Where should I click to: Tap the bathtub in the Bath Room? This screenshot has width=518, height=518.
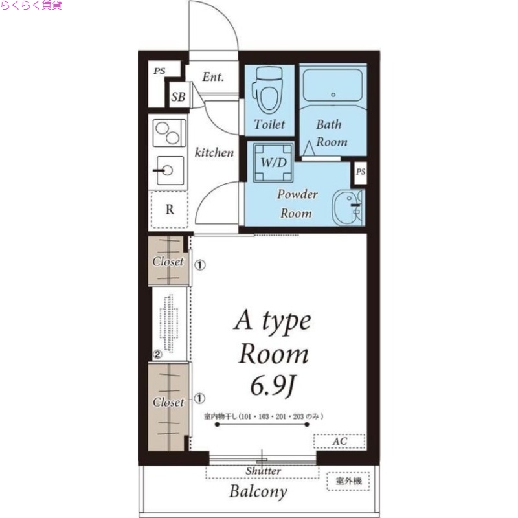[x=333, y=85]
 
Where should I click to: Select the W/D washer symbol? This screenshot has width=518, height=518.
[x=273, y=163]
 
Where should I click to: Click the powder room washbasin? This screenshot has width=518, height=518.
[x=348, y=207]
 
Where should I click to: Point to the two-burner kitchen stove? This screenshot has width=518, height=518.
[x=169, y=133]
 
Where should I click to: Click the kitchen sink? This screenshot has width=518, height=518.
[x=170, y=170]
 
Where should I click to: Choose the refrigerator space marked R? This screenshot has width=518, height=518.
[x=170, y=209]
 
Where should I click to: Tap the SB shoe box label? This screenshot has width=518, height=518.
[x=178, y=96]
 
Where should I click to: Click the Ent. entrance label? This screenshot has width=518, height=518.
[x=213, y=77]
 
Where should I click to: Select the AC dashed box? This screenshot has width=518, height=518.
[x=339, y=442]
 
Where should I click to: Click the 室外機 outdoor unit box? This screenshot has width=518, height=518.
[x=348, y=481]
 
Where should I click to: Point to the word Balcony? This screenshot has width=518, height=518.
[x=258, y=491]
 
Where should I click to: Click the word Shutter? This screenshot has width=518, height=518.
[x=263, y=471]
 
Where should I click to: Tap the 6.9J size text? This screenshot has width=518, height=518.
[x=273, y=386]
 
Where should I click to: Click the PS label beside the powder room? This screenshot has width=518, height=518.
[x=361, y=172]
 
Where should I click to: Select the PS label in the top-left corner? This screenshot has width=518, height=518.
[x=159, y=71]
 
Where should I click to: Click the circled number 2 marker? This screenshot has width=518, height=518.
[x=157, y=354]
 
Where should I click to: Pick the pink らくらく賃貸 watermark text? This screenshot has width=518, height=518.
[x=31, y=5]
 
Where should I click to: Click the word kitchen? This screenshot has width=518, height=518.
[x=214, y=152]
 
